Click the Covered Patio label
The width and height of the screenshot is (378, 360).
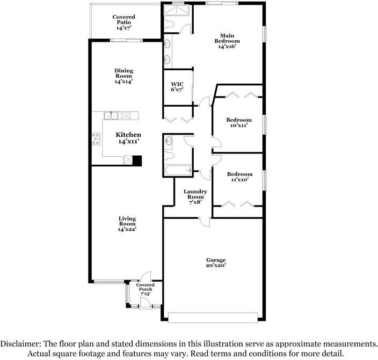click(x=123, y=22)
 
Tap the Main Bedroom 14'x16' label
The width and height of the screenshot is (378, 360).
click(x=227, y=41)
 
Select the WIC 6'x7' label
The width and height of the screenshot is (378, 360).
click(x=177, y=87)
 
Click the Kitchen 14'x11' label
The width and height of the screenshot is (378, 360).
click(x=128, y=138)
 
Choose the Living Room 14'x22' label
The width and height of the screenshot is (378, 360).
click(x=127, y=224)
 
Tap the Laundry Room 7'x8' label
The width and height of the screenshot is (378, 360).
click(x=195, y=196)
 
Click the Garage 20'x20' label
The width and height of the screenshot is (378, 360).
click(x=216, y=262)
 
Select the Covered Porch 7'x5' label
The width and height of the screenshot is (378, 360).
click(x=146, y=289)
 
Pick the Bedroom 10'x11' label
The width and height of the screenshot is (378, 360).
click(x=239, y=122)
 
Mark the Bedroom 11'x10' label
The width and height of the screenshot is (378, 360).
click(x=240, y=177)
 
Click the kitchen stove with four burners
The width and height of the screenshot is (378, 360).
click(x=96, y=139)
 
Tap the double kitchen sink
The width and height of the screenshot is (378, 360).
click(x=111, y=115)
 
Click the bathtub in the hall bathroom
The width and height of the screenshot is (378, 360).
click(x=178, y=171)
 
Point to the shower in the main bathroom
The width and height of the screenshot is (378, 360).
click(x=177, y=11)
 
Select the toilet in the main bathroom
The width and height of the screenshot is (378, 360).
click(x=169, y=24)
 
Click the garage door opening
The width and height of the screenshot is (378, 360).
click(x=213, y=318)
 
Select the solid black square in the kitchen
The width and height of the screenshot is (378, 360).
click(x=137, y=160)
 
